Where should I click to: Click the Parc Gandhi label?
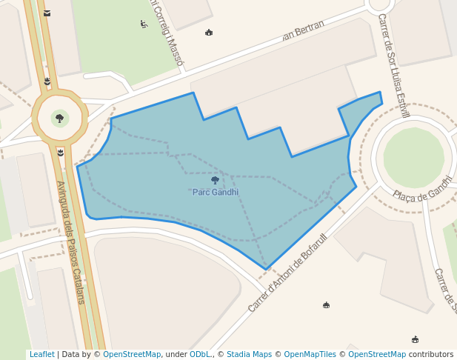(216, 193)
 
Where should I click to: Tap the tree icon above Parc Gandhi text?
(215, 180)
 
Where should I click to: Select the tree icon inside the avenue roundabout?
(59, 118)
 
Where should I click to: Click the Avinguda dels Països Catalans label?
(70, 242)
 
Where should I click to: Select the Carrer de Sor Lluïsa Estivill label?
(393, 65)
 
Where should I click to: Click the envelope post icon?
(47, 13)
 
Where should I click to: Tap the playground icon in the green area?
(144, 24)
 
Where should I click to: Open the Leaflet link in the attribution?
(41, 355)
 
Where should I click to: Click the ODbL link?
(200, 355)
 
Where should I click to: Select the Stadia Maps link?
(249, 355)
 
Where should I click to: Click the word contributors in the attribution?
(431, 355)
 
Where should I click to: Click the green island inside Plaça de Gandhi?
(414, 157)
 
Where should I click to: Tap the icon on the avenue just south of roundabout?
(61, 153)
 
